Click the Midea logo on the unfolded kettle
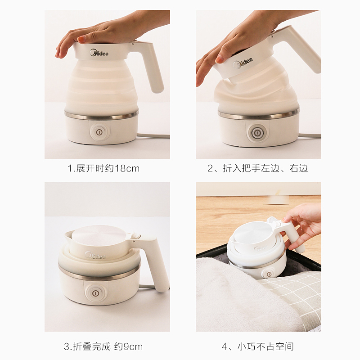click(x=99, y=53)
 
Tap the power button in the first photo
click(x=99, y=132)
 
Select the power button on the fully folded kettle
click(x=95, y=293)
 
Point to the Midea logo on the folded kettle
click(x=95, y=255)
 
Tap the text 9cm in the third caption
click(x=133, y=346)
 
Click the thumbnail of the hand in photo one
click(x=82, y=39)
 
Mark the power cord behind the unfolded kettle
click(x=154, y=136)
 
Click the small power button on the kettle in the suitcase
click(x=269, y=274)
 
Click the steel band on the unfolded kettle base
click(x=102, y=115)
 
